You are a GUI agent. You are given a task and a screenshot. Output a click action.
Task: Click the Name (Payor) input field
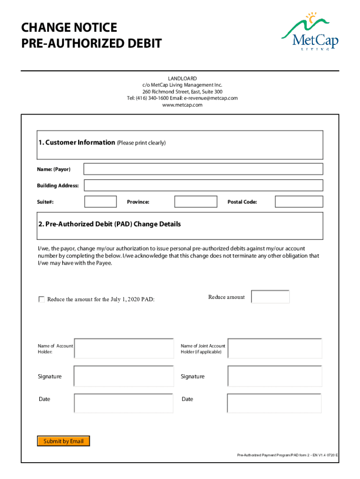pyautogui.click(x=203, y=169)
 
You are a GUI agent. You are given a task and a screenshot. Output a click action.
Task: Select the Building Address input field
pyautogui.click(x=203, y=185)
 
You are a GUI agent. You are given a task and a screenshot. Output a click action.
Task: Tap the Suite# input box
pyautogui.click(x=101, y=202)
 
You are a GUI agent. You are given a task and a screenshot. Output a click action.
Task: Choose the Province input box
pyautogui.click(x=195, y=202)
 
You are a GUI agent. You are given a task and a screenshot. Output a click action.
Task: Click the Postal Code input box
pyautogui.click(x=299, y=202)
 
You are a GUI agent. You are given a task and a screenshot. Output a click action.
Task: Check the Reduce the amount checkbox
pyautogui.click(x=42, y=299)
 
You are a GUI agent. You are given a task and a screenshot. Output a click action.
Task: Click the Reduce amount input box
pyautogui.click(x=270, y=297)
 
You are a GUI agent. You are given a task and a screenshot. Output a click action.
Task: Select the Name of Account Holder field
pyautogui.click(x=123, y=348)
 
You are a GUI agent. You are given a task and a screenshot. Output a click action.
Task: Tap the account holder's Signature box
pyautogui.click(x=123, y=376)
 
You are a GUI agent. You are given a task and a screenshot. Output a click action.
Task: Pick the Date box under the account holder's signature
pyautogui.click(x=123, y=403)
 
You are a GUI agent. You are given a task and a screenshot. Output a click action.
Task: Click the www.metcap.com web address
pyautogui.click(x=182, y=105)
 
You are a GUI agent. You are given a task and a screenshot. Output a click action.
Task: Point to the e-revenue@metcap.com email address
pyautogui.click(x=211, y=98)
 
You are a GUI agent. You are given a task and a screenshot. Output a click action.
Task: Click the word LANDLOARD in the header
pyautogui.click(x=182, y=78)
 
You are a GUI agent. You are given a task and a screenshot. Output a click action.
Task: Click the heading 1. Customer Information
pyautogui.click(x=77, y=142)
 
